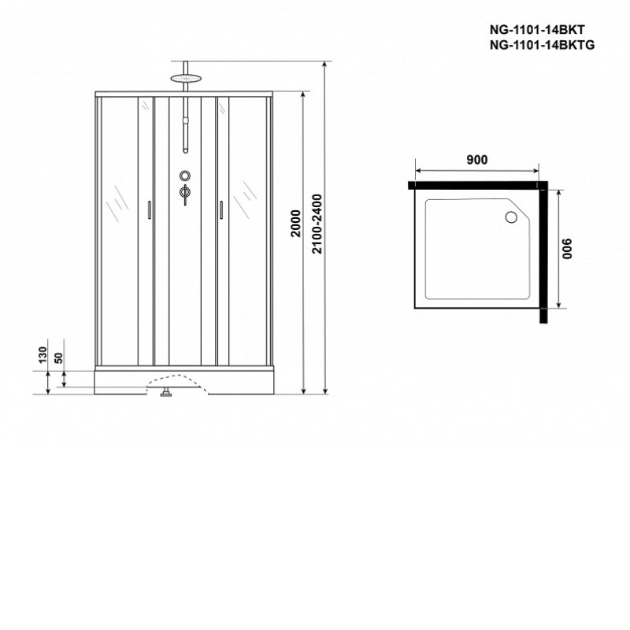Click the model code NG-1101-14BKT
(537, 30)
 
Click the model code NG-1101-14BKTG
(542, 45)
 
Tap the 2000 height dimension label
(296, 224)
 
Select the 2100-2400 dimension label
(317, 224)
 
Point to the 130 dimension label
(43, 356)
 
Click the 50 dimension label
(58, 358)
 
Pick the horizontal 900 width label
(477, 160)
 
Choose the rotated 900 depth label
(566, 249)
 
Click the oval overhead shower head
(185, 78)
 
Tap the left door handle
(149, 209)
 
